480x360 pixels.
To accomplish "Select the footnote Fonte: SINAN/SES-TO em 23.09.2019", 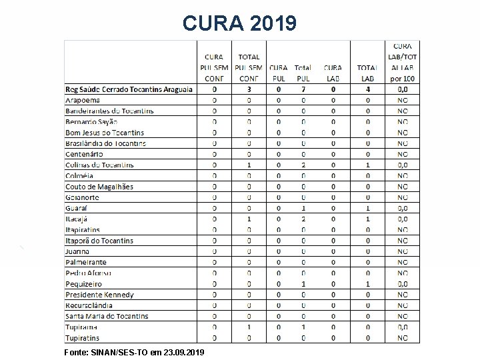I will (x=135, y=351).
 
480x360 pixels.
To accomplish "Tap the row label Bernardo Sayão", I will (x=91, y=121).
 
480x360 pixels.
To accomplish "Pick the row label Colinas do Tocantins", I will (x=99, y=165).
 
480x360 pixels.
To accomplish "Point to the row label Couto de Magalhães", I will (x=99, y=187).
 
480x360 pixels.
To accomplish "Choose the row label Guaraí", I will (x=76, y=208).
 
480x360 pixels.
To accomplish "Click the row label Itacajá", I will (x=76, y=219).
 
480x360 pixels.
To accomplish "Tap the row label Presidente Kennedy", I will (x=99, y=295).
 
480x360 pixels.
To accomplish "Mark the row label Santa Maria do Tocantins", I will (x=107, y=316).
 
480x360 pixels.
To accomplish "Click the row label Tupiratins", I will (x=82, y=338).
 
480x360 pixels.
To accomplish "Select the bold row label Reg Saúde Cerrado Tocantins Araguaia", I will (x=129, y=89).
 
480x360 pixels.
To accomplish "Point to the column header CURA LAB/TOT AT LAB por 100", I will (x=402, y=62).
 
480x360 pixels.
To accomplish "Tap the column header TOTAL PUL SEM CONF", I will (x=249, y=67).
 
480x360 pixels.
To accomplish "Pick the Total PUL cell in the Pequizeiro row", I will (x=303, y=284).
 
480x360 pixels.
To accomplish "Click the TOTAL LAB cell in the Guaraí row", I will (x=367, y=208).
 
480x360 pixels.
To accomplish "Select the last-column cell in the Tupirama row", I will (x=403, y=327).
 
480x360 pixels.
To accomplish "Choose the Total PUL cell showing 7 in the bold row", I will (x=303, y=89).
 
